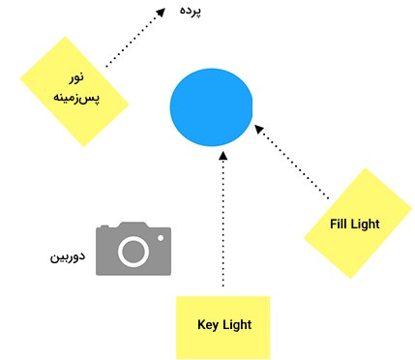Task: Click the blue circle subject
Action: [x=211, y=107]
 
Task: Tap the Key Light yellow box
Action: [x=222, y=327]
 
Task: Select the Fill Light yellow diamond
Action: [x=358, y=224]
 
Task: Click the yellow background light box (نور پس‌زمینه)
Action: [x=74, y=92]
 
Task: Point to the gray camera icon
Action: [x=133, y=249]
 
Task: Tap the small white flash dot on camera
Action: [x=161, y=238]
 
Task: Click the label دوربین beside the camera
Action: [x=68, y=257]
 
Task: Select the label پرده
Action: [x=191, y=11]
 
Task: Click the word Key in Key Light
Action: [x=208, y=325]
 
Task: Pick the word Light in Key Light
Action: [x=238, y=325]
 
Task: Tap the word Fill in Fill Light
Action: [x=338, y=224]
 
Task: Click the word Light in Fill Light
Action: [x=365, y=225]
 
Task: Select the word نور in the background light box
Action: [x=76, y=77]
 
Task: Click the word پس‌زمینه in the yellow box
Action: [x=76, y=97]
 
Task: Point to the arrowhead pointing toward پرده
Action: [x=161, y=13]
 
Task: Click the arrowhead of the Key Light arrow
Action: [x=222, y=156]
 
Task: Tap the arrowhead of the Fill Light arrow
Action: [x=259, y=129]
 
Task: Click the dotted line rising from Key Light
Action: [x=222, y=223]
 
